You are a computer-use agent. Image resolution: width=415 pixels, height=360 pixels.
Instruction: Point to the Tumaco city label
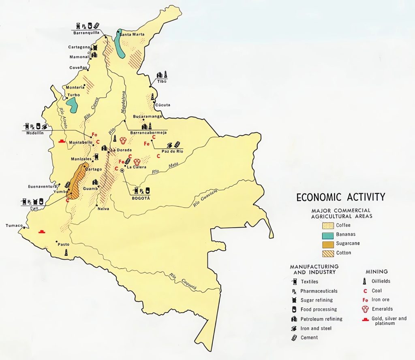pyautogui.click(x=14, y=226)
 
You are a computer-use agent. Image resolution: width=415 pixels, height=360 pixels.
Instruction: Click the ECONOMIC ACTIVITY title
pyautogui.click(x=340, y=197)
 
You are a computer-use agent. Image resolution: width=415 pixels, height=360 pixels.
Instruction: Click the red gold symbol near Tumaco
pyautogui.click(x=41, y=231)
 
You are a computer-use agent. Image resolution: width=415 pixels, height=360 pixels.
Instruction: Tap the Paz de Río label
pyautogui.click(x=171, y=151)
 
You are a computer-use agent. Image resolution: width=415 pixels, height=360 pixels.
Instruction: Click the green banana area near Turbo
pyautogui.click(x=72, y=105)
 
